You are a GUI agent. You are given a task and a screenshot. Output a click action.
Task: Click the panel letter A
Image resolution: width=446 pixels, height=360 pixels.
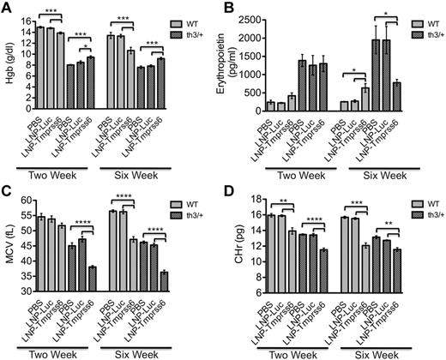(x=8, y=8)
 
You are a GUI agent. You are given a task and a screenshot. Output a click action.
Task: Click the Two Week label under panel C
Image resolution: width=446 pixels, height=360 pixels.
(x=75, y=353)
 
